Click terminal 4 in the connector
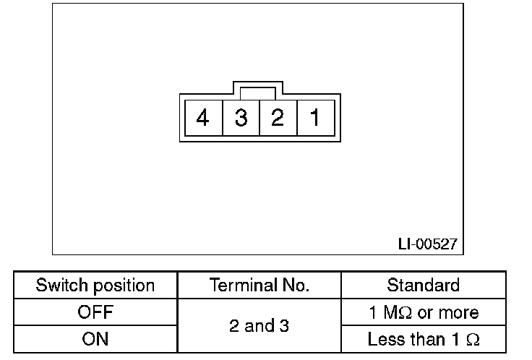click(203, 117)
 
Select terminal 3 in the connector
click(241, 117)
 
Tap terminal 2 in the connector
click(278, 117)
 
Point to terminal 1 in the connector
click(315, 117)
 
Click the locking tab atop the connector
click(257, 93)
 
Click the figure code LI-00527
click(427, 244)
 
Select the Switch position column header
click(95, 286)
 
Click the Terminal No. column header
click(259, 286)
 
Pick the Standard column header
click(423, 286)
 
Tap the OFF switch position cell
click(95, 313)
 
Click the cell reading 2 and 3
click(259, 326)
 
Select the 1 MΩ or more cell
click(423, 313)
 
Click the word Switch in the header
click(59, 286)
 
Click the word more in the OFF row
click(459, 313)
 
